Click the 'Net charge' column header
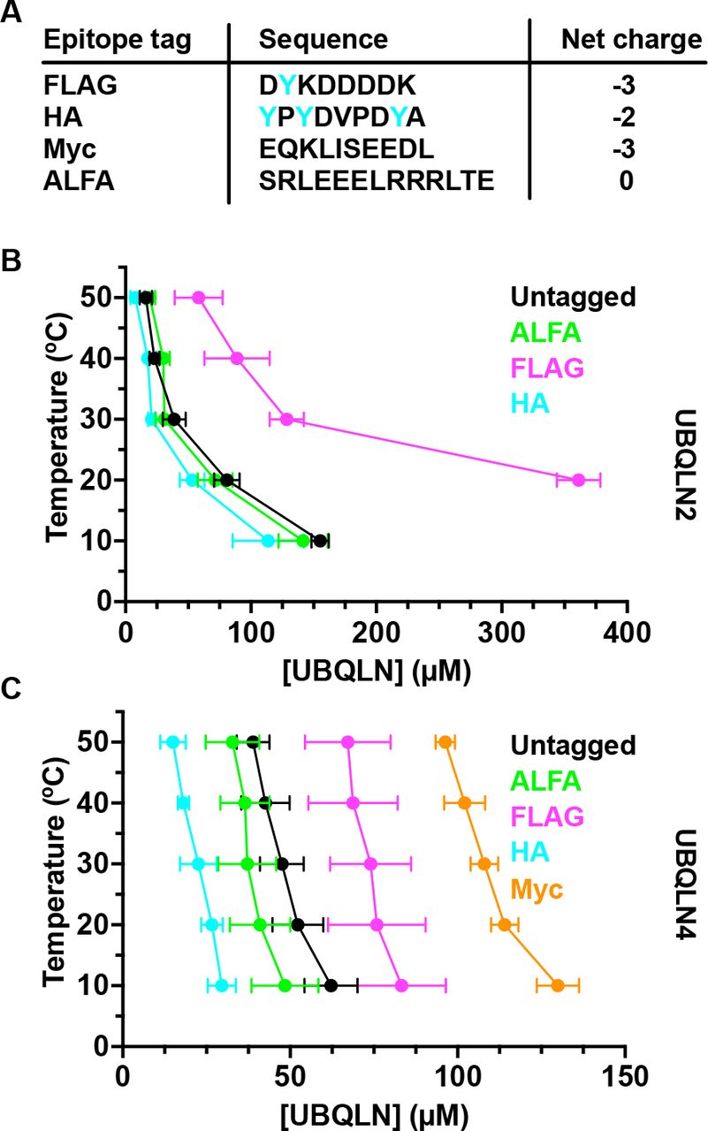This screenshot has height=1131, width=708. [x=631, y=40]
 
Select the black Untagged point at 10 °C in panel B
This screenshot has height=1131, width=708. [x=320, y=541]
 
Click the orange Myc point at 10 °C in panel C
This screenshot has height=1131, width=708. [x=558, y=985]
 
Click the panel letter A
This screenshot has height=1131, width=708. [x=12, y=18]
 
